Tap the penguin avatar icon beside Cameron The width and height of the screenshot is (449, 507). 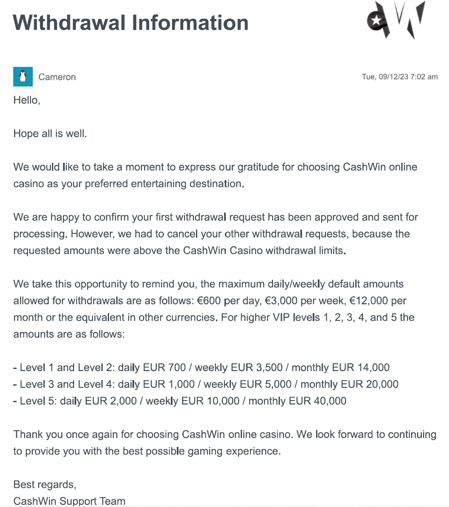[x=23, y=77]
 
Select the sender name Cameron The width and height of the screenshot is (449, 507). [x=57, y=77]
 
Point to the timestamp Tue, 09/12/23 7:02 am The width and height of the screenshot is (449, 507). [x=400, y=77]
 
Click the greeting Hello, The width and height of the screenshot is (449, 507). [x=27, y=100]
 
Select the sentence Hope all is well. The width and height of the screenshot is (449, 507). [x=50, y=133]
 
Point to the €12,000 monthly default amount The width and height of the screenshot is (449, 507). [x=377, y=301]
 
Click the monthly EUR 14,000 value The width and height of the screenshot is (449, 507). [x=340, y=367]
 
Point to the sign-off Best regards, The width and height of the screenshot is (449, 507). [x=45, y=484]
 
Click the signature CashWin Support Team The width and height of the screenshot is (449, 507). [x=69, y=501]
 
